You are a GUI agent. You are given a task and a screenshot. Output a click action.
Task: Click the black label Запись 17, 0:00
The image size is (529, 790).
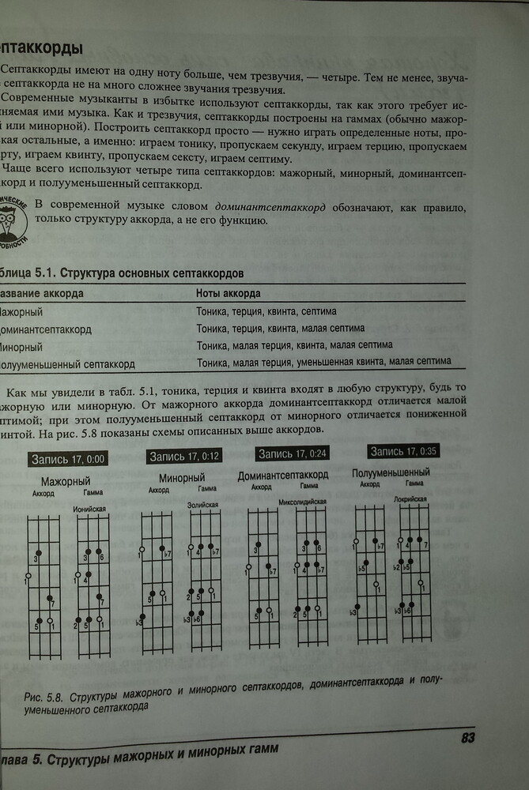(x=69, y=458)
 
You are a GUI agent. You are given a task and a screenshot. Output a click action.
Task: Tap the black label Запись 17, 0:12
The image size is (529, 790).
(x=184, y=456)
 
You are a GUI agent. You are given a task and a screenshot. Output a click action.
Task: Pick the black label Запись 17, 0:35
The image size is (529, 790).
(x=403, y=451)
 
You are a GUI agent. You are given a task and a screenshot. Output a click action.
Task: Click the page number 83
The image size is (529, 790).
(x=467, y=738)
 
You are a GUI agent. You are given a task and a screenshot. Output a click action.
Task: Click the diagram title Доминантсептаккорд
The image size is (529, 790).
(x=283, y=475)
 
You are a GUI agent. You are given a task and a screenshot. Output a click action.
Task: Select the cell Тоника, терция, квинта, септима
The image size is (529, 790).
(x=266, y=311)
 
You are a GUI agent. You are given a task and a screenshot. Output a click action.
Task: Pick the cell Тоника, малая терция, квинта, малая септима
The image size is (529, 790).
(x=294, y=345)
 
